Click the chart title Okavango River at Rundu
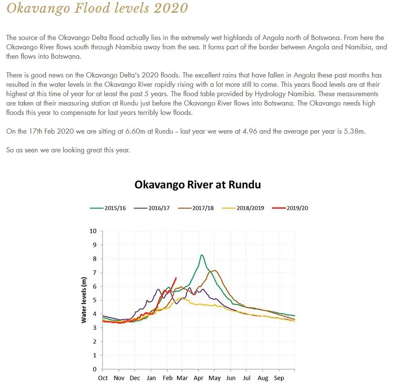point(198,185)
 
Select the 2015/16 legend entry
point(108,208)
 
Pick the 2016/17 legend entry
point(152,208)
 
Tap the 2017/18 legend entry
point(196,208)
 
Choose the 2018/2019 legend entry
point(243,208)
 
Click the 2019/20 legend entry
point(290,208)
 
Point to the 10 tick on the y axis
point(93,231)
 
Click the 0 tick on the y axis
point(95,369)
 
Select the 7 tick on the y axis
point(95,273)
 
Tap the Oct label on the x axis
point(103,378)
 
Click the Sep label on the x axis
point(279,378)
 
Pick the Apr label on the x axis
point(199,378)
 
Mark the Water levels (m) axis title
point(84,300)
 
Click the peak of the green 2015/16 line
point(202,255)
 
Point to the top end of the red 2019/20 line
point(176,278)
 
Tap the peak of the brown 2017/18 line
point(215,270)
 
